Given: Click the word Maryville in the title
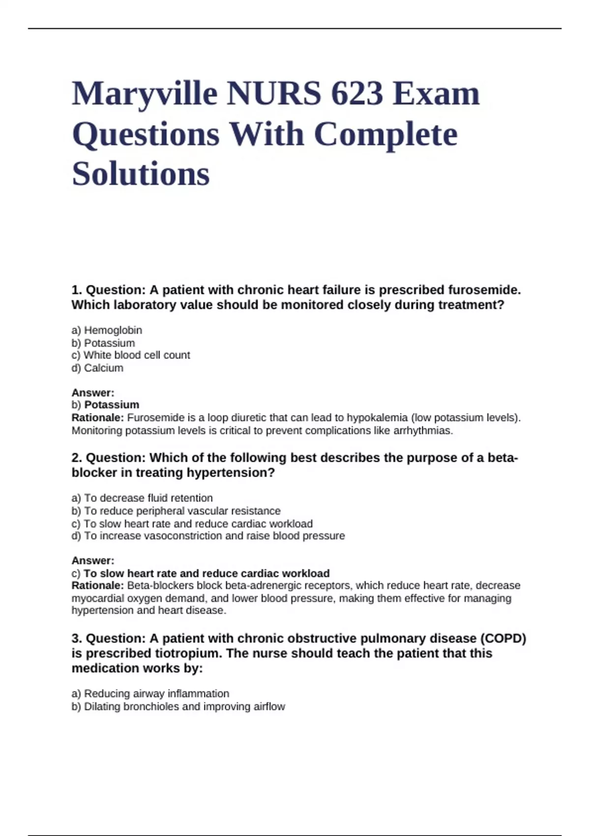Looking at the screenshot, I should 145,93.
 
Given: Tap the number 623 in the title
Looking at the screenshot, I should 357,93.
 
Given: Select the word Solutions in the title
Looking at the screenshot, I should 141,174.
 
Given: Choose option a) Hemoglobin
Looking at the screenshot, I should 107,330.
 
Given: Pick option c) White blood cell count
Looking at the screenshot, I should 131,355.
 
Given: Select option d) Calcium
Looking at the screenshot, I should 97,368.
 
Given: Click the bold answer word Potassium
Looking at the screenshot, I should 112,405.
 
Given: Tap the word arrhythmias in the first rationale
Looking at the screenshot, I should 423,430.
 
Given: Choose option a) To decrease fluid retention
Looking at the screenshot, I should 142,498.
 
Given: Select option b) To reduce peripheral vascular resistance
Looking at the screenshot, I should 176,511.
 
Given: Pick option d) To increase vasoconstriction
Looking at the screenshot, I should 208,536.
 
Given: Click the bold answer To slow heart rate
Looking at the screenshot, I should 206,573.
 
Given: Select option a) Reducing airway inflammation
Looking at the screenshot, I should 150,693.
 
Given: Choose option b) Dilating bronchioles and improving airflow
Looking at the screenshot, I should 178,706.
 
